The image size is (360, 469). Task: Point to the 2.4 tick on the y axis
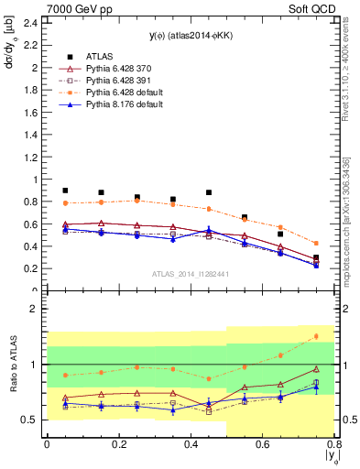coord(29,23)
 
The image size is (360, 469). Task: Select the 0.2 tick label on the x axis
coord(118,446)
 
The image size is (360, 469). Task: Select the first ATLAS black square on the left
coord(65,191)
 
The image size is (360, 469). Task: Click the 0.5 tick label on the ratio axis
coord(29,420)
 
